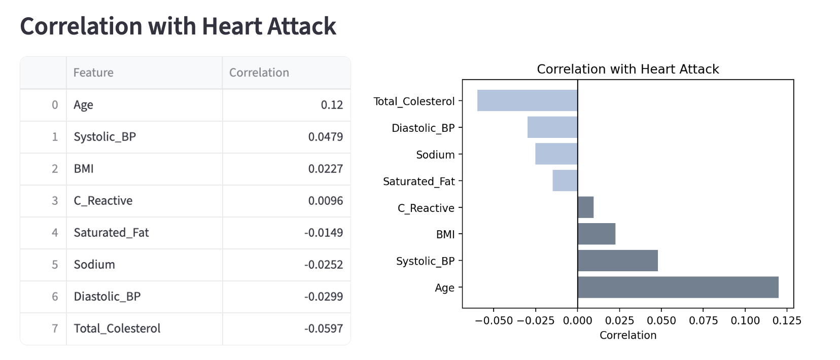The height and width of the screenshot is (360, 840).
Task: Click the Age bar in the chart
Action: [x=678, y=287]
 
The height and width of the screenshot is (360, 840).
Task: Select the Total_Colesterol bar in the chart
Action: [x=527, y=100]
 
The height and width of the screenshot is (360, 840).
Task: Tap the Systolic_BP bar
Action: [x=617, y=261]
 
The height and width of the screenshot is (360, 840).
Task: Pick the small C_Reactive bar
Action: [x=585, y=207]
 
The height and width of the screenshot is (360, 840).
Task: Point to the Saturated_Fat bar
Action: [x=565, y=181]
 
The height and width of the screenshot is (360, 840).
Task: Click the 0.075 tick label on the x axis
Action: [x=703, y=320]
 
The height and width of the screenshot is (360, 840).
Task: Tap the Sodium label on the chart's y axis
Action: [x=435, y=155]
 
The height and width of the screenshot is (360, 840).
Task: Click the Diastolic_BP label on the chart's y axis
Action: [x=423, y=128]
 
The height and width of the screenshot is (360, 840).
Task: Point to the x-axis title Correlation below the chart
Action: [x=627, y=335]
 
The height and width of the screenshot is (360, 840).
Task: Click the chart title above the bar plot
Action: [x=627, y=69]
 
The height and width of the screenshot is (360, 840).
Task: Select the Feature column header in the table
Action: [x=93, y=73]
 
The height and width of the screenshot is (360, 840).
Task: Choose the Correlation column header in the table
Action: [x=259, y=73]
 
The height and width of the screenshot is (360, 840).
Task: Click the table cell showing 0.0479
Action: [x=325, y=137]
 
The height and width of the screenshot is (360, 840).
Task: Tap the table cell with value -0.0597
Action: [x=323, y=329]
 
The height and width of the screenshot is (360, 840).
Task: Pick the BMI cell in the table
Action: [x=84, y=169]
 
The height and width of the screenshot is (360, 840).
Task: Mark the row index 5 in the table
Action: [x=55, y=265]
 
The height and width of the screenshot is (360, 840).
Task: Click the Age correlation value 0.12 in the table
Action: [x=332, y=105]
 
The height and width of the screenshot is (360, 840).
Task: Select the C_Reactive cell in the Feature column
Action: [x=103, y=201]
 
